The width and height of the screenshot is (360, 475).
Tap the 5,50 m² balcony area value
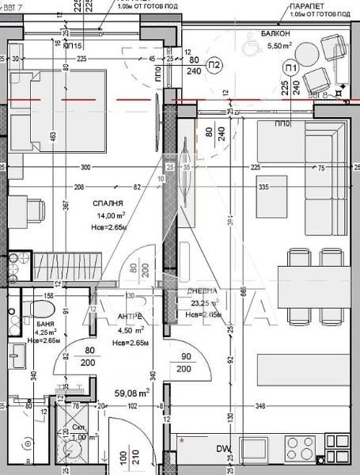pyautogui.click(x=279, y=47)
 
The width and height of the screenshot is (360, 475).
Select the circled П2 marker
pyautogui.click(x=214, y=64)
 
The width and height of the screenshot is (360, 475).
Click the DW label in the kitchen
pyautogui.click(x=225, y=450)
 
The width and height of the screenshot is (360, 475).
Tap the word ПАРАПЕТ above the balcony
pyautogui.click(x=302, y=5)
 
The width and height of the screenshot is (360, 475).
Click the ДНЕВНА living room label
pyautogui.click(x=198, y=291)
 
